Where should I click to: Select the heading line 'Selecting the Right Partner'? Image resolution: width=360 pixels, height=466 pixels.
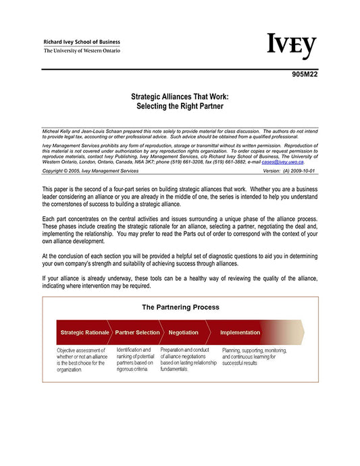180,107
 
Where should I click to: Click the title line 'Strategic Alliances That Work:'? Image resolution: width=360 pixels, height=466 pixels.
180,97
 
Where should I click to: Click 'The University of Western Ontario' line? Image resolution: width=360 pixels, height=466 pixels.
82,51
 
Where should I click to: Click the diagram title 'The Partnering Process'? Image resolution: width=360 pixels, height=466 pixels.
180,307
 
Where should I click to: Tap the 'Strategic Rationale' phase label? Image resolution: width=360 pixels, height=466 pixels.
84,332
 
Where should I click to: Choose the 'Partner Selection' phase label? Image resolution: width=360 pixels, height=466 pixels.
137,332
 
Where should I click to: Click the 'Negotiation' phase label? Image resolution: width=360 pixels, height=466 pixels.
183,332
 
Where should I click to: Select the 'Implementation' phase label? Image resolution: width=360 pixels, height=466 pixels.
240,332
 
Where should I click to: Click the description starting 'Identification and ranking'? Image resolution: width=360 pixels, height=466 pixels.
135,359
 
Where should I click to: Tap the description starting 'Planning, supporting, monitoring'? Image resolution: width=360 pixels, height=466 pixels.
255,357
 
